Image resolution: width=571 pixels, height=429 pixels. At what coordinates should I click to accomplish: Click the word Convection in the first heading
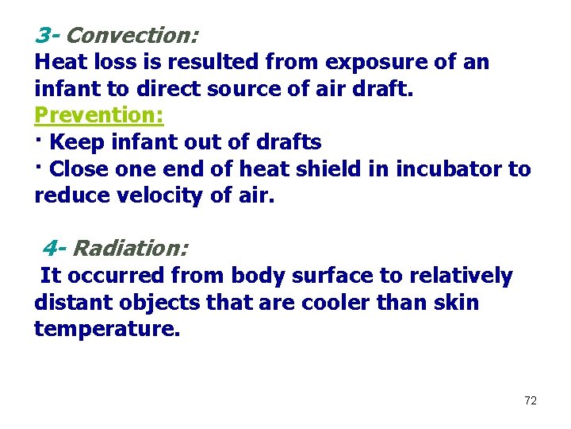point(132,36)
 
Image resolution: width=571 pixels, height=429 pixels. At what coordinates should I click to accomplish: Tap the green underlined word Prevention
point(99,115)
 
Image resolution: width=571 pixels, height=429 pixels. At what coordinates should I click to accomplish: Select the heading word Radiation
point(130,249)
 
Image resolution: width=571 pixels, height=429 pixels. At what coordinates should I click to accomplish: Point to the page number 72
point(531,400)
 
